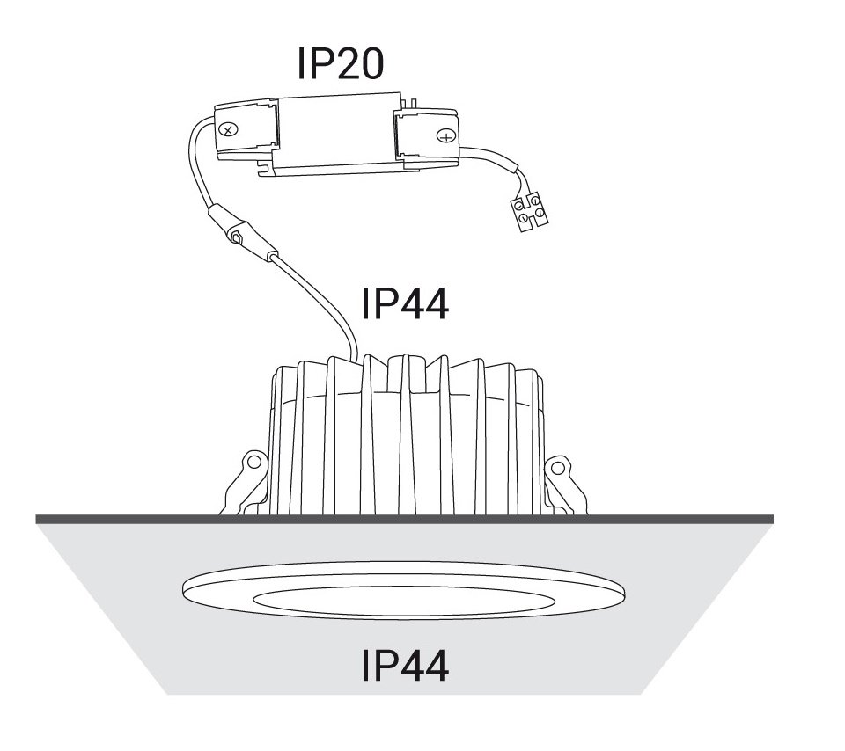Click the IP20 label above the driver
click(x=341, y=63)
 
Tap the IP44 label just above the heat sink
click(x=405, y=303)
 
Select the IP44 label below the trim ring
click(x=405, y=666)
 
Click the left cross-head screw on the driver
click(x=229, y=130)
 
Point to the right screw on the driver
click(x=446, y=136)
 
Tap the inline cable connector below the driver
click(x=241, y=232)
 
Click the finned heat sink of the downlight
click(x=407, y=434)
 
